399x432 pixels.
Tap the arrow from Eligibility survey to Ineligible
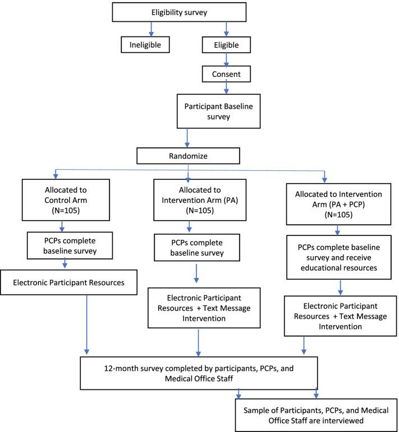coord(150,28)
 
